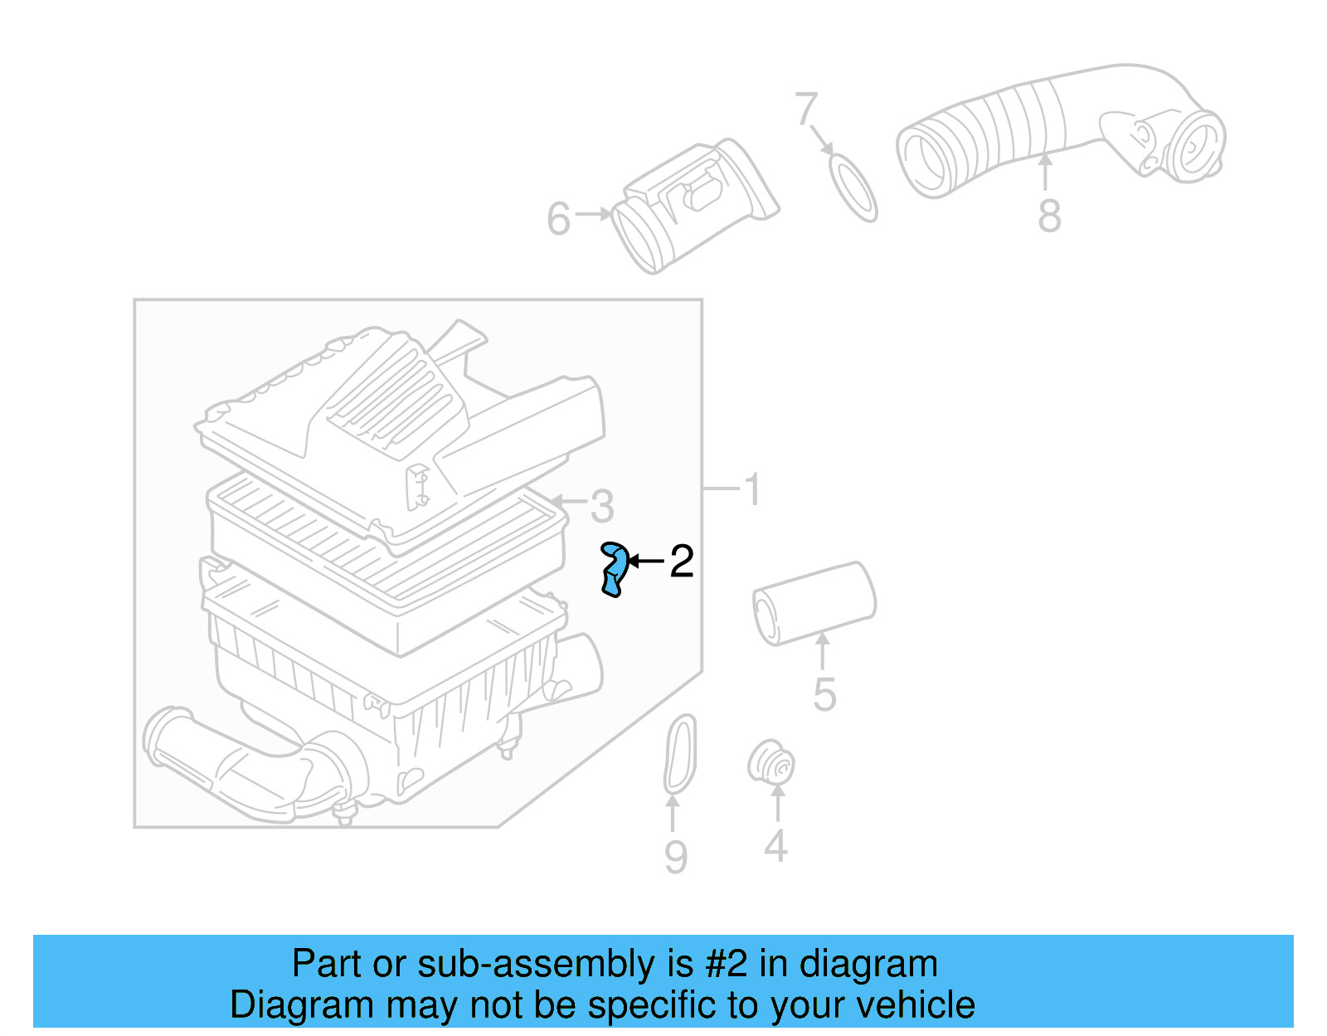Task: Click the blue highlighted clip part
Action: pyautogui.click(x=613, y=569)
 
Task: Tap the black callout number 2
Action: pyautogui.click(x=681, y=562)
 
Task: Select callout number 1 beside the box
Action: pyautogui.click(x=752, y=489)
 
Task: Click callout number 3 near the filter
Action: pyautogui.click(x=602, y=505)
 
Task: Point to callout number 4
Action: pyautogui.click(x=775, y=846)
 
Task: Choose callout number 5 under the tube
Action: pyautogui.click(x=824, y=694)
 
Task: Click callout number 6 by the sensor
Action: pyautogui.click(x=559, y=219)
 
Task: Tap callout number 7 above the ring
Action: pyautogui.click(x=805, y=109)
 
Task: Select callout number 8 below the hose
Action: pyautogui.click(x=1049, y=216)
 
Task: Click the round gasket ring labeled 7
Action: pyautogui.click(x=853, y=187)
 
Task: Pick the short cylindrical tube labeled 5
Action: pyautogui.click(x=814, y=603)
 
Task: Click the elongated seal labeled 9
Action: pyautogui.click(x=680, y=755)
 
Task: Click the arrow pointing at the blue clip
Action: pyautogui.click(x=647, y=562)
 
